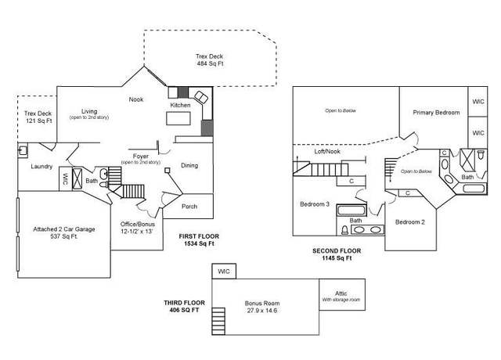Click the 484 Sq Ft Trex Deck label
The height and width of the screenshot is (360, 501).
210,60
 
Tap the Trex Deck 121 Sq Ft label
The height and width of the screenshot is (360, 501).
38,117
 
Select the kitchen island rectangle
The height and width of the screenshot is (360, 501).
178,118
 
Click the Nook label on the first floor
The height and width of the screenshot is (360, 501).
136,99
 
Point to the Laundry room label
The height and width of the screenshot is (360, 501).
41,167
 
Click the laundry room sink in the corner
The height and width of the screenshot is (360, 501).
23,150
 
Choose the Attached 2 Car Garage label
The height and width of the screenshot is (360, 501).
64,233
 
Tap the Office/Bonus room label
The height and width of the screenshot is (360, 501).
138,228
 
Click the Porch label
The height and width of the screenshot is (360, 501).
189,207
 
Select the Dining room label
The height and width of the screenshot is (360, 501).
189,165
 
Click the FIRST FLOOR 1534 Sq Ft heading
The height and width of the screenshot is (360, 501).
199,240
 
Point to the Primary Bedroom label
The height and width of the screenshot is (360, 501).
436,113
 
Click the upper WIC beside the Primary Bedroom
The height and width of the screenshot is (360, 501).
478,102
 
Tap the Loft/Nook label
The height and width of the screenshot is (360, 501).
327,151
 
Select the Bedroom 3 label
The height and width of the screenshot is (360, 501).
315,204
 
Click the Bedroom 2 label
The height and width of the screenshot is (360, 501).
410,222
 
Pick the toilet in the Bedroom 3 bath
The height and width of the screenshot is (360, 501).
344,230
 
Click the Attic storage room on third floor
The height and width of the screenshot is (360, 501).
342,294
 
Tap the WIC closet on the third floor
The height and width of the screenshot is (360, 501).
224,272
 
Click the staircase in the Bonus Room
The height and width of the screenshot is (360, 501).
218,321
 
